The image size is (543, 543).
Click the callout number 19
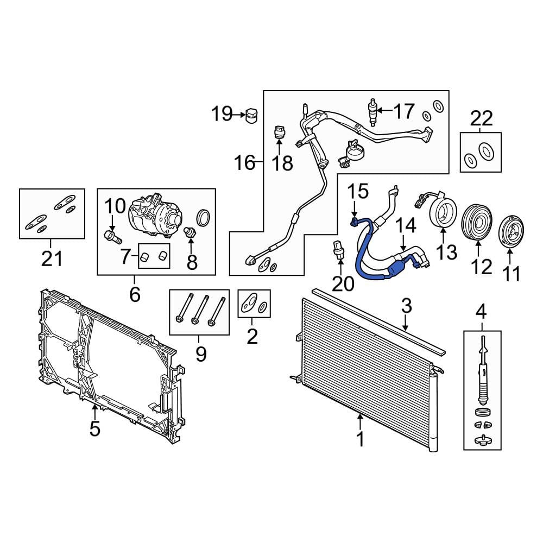tap(222, 113)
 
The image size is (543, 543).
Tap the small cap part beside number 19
tap(251, 115)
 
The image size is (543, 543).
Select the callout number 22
tap(481, 119)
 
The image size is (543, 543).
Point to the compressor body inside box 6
tap(155, 216)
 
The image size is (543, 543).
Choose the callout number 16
tap(245, 162)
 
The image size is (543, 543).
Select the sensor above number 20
tap(339, 249)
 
